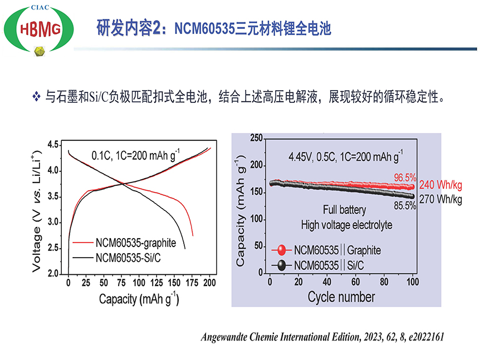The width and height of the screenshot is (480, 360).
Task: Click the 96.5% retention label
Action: (x=405, y=177)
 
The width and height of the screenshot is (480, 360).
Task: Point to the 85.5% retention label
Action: (x=405, y=206)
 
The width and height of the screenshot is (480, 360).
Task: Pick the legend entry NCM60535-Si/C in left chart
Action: (x=130, y=258)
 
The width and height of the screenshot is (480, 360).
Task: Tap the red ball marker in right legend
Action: (x=282, y=250)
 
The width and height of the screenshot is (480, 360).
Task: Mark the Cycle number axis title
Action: (x=341, y=297)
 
